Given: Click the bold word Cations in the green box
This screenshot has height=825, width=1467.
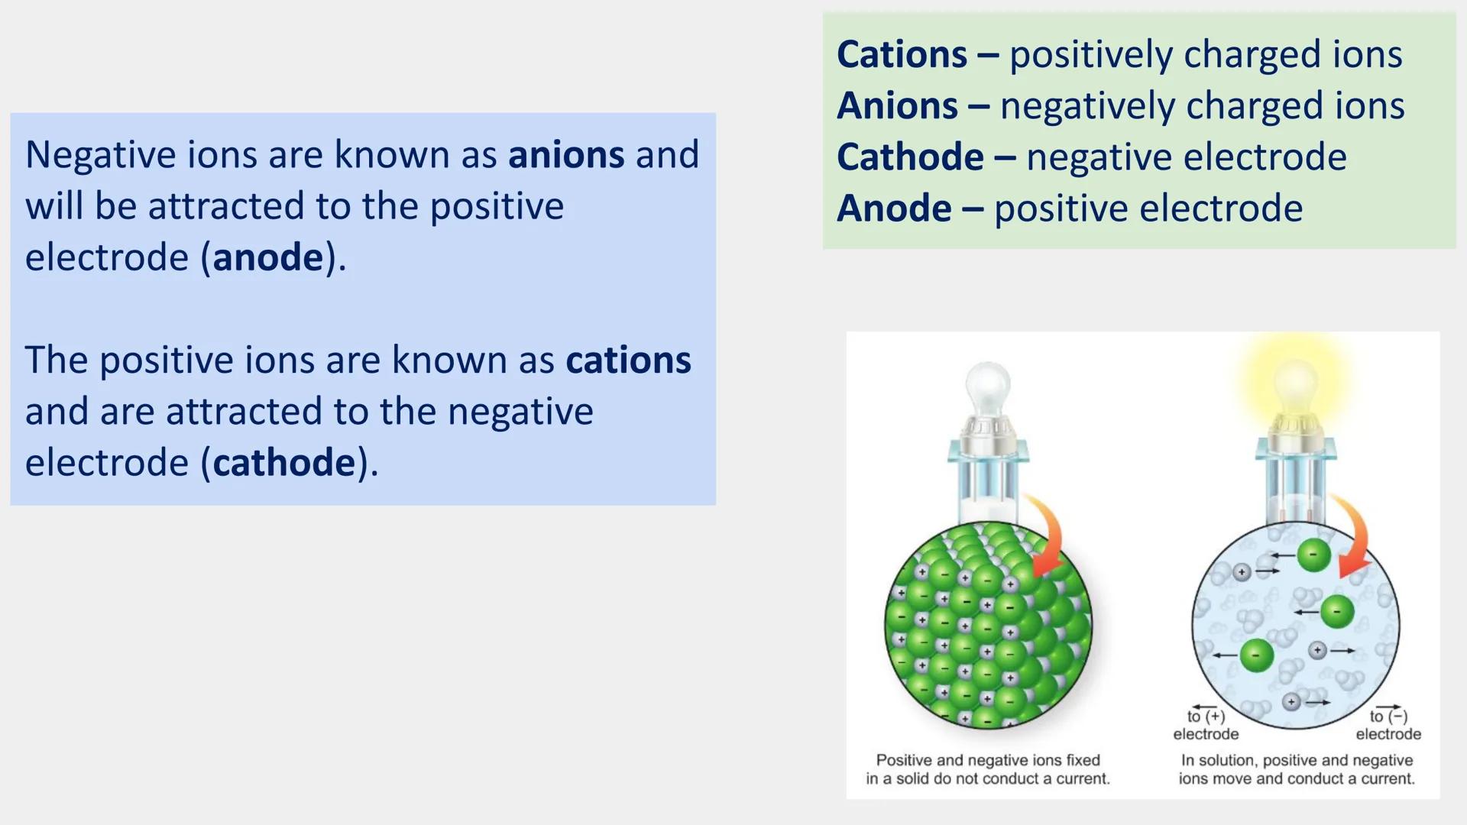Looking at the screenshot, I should (902, 55).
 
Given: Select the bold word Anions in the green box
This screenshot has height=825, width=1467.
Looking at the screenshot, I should (897, 106).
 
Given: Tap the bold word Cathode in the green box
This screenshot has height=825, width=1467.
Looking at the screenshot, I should (910, 157).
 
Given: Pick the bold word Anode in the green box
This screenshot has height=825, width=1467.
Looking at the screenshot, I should (894, 209).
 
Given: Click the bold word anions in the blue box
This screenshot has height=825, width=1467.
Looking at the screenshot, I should (566, 155).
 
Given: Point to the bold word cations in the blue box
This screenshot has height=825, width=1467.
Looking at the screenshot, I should (628, 360).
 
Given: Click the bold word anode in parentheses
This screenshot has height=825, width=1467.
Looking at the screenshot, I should (268, 257).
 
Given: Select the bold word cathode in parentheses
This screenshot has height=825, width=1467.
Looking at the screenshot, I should (284, 463).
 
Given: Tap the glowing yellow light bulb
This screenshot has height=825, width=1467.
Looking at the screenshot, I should (1296, 386).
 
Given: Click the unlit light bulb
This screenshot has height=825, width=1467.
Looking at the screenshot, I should (988, 390).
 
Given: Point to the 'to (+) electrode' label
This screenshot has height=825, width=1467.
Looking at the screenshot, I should (1206, 724).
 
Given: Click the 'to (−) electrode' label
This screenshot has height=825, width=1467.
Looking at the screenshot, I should (1388, 724).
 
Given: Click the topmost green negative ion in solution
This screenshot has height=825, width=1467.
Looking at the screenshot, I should (1313, 555).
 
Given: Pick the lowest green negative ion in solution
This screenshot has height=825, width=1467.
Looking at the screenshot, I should (1257, 655).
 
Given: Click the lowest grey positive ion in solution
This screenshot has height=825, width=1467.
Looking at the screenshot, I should (1291, 702).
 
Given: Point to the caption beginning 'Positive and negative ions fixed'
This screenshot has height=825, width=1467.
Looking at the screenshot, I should (987, 769).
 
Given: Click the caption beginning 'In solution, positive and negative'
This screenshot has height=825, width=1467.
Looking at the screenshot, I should (1297, 769).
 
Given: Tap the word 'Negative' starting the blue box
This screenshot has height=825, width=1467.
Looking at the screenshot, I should (101, 155).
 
